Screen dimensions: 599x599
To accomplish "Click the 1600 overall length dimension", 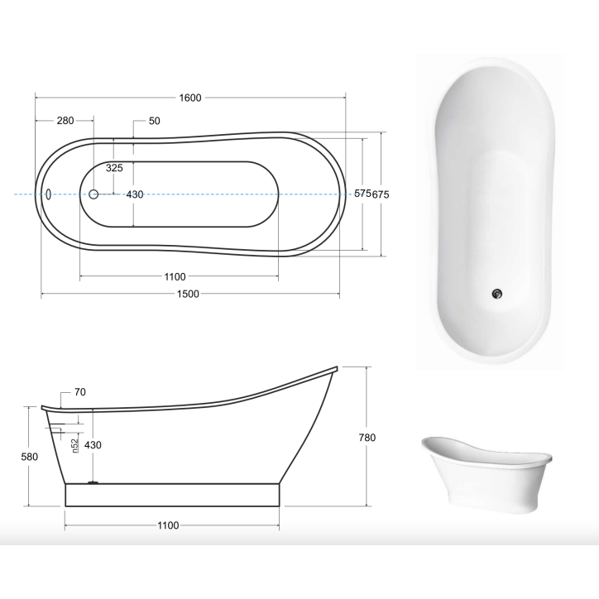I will click(x=190, y=98).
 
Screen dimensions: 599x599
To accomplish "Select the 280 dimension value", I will click(x=65, y=121).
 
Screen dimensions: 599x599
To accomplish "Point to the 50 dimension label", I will click(x=154, y=121).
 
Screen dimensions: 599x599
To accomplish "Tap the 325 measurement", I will click(x=114, y=168).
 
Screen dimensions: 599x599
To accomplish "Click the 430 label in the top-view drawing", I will click(x=134, y=194).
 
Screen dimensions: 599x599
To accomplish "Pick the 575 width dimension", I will click(x=362, y=194).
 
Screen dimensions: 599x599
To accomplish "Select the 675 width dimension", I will click(x=381, y=194).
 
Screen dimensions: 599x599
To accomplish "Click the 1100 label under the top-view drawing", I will click(x=175, y=276).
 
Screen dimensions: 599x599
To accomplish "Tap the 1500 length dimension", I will click(x=190, y=294).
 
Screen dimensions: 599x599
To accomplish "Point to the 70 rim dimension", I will click(x=80, y=392).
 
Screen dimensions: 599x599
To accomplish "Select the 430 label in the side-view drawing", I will click(x=93, y=445).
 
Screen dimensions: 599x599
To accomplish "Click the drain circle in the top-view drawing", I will click(x=93, y=194).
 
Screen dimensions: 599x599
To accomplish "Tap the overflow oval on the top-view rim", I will click(x=49, y=194).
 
